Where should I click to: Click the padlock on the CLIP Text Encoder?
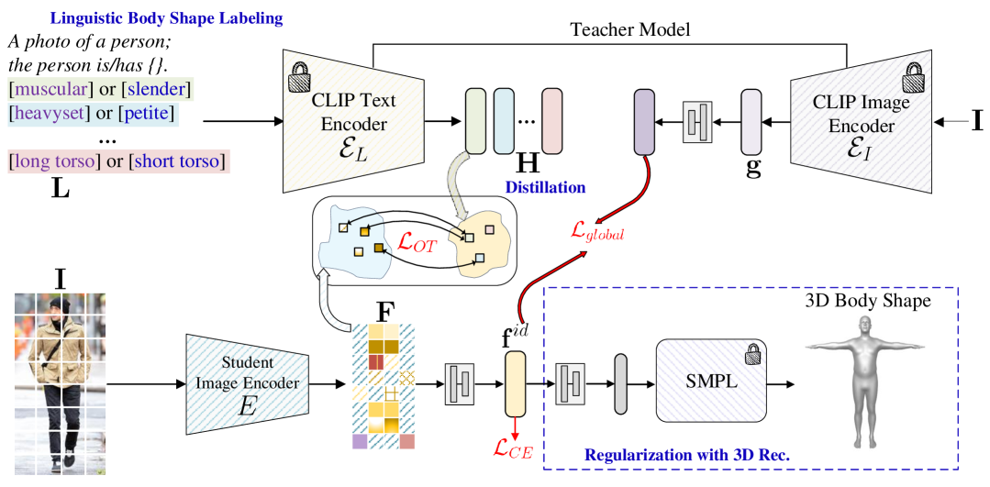(x=300, y=79)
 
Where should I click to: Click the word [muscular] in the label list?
(x=50, y=89)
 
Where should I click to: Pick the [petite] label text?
(x=147, y=114)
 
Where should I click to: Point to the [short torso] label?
(x=177, y=160)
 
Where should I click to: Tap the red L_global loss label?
(x=597, y=231)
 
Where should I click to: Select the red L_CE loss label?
(x=514, y=448)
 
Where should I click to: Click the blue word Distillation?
(x=545, y=187)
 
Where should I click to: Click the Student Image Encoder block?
(x=247, y=382)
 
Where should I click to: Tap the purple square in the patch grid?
(x=360, y=441)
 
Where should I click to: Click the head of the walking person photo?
(x=60, y=306)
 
